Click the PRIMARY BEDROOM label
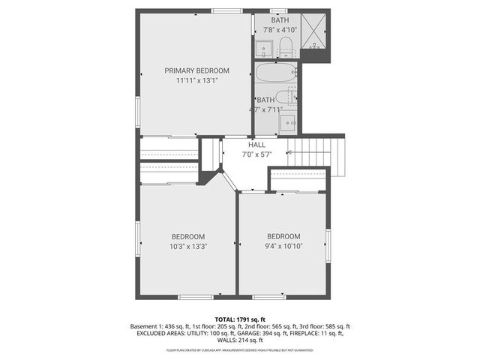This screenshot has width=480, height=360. coord(197,70)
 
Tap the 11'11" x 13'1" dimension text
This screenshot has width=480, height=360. coord(197,80)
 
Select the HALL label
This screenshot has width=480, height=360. coord(256,145)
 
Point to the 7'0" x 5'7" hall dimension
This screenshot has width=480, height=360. coord(256,154)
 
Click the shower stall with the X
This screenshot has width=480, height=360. coord(313,34)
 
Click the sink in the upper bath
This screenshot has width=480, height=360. coord(264,49)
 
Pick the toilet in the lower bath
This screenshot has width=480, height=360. coord(286,97)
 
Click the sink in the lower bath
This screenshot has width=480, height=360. coord(289,123)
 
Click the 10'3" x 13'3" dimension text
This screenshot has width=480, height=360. coord(187,245)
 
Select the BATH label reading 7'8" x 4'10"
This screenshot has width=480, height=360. coord(280,25)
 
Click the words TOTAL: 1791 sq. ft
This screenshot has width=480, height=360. coord(239,319)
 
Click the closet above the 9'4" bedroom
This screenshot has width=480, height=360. coord(297,180)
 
